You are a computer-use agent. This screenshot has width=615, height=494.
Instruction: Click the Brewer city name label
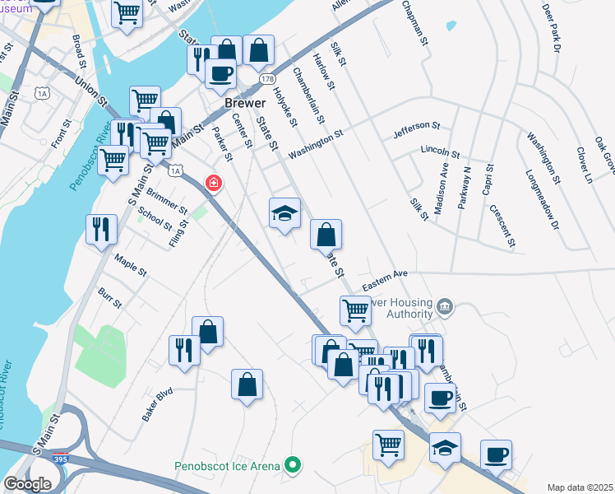click(x=245, y=104)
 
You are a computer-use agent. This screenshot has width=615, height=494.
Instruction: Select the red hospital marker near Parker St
click(x=214, y=182)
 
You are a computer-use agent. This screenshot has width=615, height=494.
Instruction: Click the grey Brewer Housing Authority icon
click(x=445, y=307)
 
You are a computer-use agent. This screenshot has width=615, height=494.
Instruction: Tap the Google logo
click(x=27, y=484)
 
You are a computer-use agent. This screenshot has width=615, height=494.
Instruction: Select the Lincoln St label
click(x=439, y=152)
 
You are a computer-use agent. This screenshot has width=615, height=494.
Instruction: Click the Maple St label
click(x=131, y=264)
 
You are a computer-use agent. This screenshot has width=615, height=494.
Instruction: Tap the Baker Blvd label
click(x=157, y=404)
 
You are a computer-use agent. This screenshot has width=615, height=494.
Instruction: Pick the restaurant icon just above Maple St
click(x=101, y=230)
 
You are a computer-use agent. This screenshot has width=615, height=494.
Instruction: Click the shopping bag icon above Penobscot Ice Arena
click(x=247, y=384)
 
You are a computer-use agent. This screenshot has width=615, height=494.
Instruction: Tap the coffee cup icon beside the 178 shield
click(x=220, y=73)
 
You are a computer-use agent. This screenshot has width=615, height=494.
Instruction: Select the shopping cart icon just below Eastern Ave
click(x=355, y=311)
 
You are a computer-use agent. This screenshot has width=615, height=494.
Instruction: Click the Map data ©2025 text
click(x=580, y=487)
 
